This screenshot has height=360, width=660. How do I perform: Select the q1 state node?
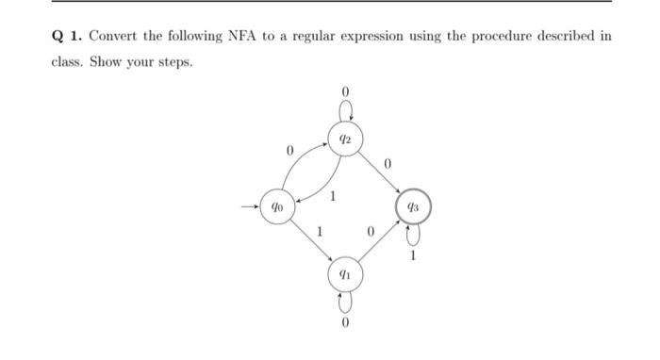coord(345,274)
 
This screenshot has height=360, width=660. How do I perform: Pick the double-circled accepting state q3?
coord(413,205)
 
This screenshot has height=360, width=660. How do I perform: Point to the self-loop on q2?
coord(345,111)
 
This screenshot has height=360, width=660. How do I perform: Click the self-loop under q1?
coord(345,301)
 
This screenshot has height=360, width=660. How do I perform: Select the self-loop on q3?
coord(413,233)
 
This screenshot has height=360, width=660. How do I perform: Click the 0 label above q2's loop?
coord(345,91)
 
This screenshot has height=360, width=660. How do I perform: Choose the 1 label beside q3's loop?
coord(413,254)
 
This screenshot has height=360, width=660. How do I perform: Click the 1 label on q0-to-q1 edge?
coord(320,231)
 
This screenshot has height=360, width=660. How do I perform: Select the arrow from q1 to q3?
coord(379,240)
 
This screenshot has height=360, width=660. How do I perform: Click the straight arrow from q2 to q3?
coord(379,172)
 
